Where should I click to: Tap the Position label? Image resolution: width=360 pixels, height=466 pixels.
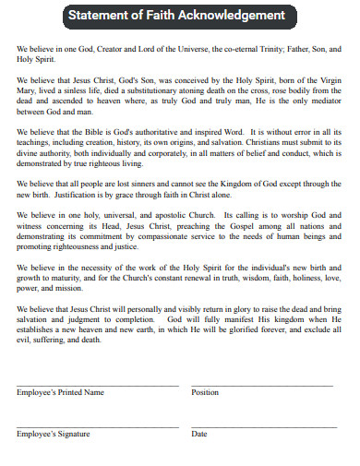point(205,392)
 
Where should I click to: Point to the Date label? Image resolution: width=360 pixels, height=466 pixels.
point(199,433)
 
